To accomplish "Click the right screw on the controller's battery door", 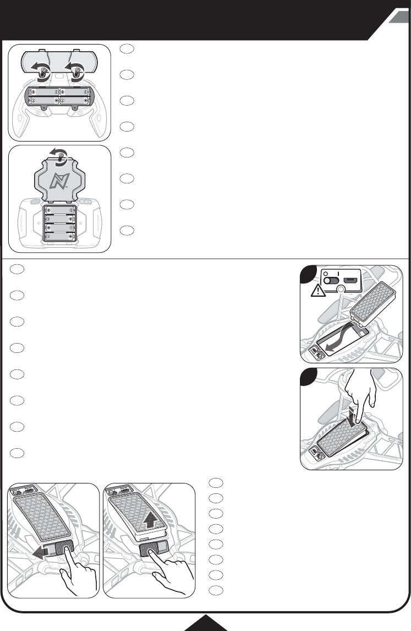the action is click(x=76, y=69).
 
